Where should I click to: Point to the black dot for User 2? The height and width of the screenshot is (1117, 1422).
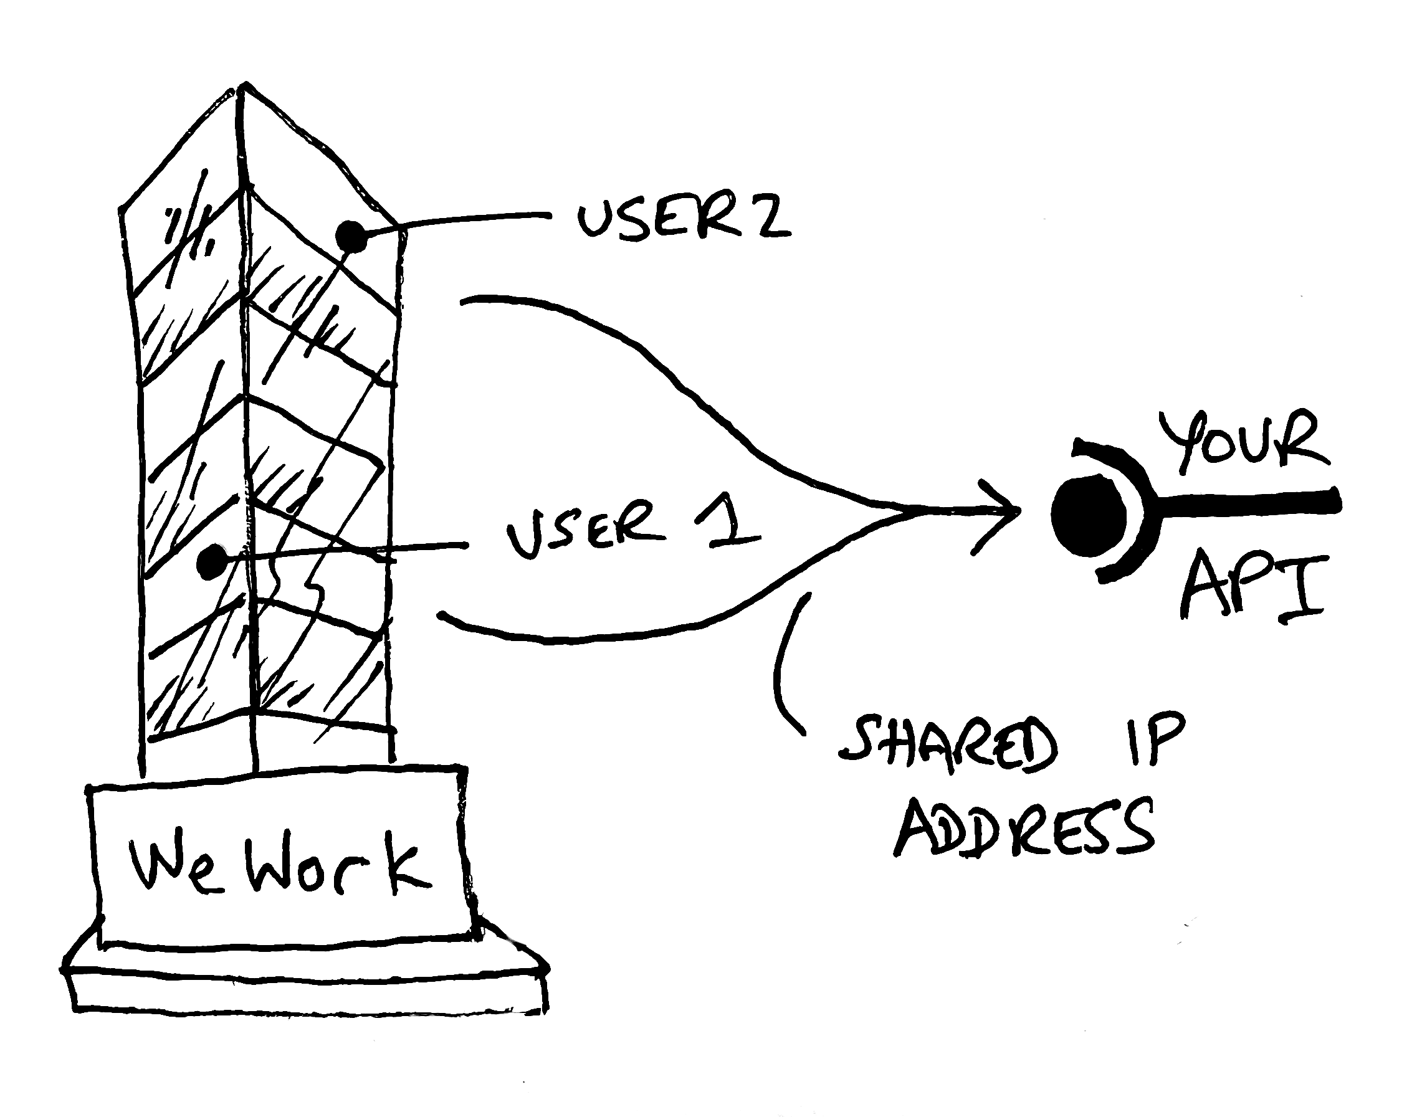coord(352,237)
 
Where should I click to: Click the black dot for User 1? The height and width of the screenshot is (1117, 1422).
coord(211,561)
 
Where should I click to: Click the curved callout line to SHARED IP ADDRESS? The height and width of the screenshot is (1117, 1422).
coord(782,667)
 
